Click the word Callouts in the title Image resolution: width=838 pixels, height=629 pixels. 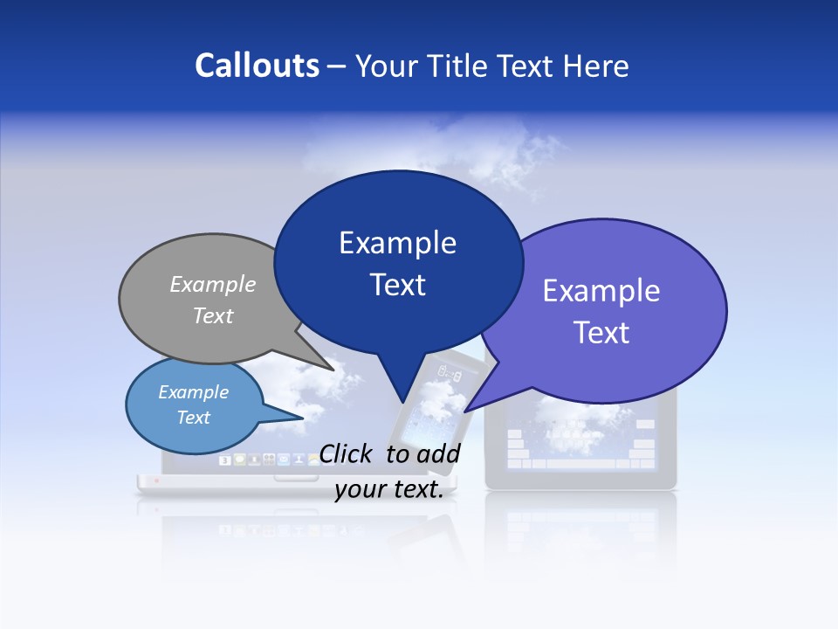click(257, 66)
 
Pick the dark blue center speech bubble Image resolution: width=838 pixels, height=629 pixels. click(398, 262)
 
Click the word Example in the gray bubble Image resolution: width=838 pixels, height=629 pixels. click(213, 284)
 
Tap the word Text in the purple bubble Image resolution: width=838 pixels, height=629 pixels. click(602, 333)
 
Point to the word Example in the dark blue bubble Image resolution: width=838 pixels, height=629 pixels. click(398, 243)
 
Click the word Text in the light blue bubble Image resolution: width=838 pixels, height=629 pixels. click(194, 418)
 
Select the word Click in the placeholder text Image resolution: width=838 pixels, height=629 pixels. click(347, 453)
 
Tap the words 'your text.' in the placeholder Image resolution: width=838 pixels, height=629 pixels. click(389, 489)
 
